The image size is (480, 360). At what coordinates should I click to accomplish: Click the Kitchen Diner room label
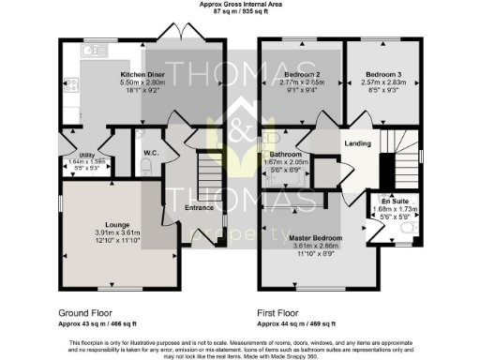[x=142, y=73]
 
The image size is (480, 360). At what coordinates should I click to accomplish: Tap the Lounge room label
[x=117, y=225]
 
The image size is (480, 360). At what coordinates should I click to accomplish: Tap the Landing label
[x=357, y=143]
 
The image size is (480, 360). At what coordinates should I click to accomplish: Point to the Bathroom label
[x=285, y=154]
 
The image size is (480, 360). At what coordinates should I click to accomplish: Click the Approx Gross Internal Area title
[x=239, y=4]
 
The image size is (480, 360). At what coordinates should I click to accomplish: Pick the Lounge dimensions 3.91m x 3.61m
[x=117, y=232]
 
